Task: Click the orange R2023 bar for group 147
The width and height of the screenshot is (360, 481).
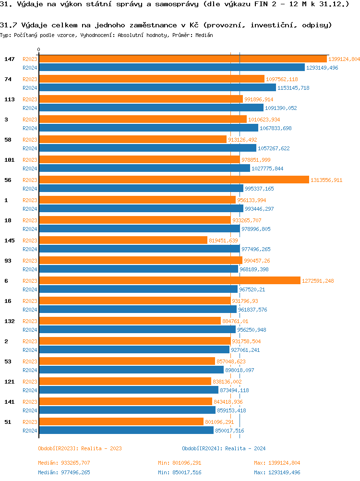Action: coord(182,59)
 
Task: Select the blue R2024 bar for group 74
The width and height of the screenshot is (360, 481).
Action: coord(157,88)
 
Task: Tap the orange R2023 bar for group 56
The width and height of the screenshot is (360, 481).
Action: coord(174,180)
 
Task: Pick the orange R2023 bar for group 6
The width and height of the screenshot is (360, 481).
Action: coord(169,281)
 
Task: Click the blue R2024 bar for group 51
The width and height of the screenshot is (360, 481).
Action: coord(126,431)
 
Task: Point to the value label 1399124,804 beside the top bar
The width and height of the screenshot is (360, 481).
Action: coord(344,59)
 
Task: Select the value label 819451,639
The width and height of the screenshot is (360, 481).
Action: coord(223,240)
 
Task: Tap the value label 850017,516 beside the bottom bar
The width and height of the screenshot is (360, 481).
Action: coord(229,431)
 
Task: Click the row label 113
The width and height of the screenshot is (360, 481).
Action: coord(9,99)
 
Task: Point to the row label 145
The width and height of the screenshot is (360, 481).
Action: coord(9,240)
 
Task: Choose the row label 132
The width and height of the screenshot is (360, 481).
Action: coord(9,321)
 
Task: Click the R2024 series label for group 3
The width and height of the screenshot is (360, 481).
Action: coord(30,128)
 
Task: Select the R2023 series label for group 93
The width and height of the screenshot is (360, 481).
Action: coord(30,261)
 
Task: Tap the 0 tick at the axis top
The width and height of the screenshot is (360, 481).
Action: coord(39,50)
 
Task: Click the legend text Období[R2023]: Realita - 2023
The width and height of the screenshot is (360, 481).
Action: coord(80,448)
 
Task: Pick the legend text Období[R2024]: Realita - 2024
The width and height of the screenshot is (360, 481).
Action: coord(224,448)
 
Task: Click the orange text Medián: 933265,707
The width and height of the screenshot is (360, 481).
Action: coord(64,463)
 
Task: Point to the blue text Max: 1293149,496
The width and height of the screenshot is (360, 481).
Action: coord(277,472)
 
